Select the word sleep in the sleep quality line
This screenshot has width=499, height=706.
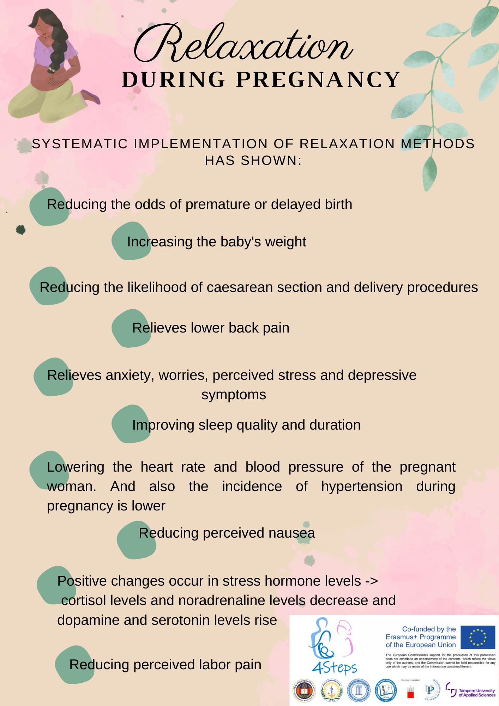point(215,425)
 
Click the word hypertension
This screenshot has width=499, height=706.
point(362,486)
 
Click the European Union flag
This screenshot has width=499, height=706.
point(478,637)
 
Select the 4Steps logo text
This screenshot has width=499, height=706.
point(334,668)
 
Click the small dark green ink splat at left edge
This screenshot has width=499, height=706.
point(21,230)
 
